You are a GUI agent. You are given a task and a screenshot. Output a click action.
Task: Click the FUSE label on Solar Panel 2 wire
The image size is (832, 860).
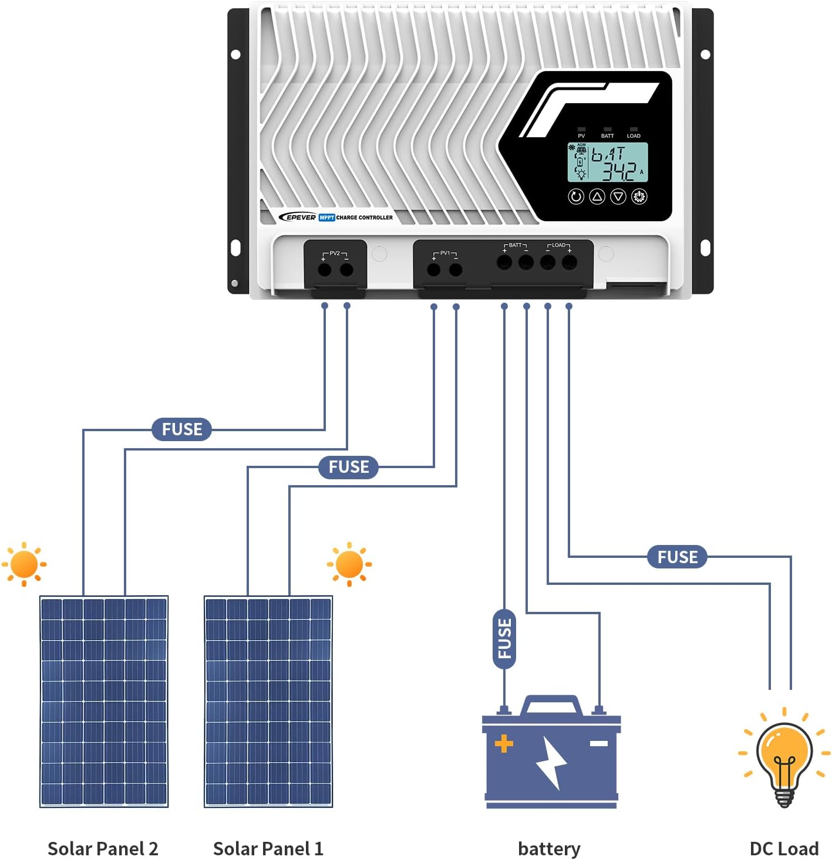(x=181, y=429)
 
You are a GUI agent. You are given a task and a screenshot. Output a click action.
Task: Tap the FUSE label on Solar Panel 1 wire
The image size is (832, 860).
(x=348, y=467)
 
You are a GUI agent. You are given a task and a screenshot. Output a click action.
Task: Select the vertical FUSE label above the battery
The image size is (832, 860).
(x=504, y=639)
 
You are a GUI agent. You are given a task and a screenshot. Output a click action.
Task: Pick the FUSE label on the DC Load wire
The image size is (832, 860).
(x=677, y=557)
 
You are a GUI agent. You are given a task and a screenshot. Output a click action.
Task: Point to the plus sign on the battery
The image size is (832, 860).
(x=504, y=744)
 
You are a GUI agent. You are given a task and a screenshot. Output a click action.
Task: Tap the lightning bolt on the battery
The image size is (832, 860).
(x=551, y=763)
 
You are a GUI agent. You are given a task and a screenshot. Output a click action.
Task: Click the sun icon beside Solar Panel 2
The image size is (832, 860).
(x=24, y=564)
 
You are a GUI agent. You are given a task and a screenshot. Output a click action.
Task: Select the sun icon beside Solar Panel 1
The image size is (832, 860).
(x=349, y=564)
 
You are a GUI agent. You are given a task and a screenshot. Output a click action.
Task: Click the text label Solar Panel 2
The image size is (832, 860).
(x=103, y=848)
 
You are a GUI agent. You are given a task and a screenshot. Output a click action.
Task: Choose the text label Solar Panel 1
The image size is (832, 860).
(x=268, y=848)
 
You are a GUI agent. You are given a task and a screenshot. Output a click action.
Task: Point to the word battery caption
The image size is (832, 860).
(x=549, y=848)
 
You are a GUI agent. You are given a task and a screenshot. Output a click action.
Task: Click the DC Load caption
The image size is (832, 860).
(x=784, y=848)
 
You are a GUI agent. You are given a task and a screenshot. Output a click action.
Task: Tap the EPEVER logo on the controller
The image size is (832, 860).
(x=298, y=217)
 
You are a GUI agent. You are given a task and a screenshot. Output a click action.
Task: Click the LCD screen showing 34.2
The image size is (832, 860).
(x=608, y=162)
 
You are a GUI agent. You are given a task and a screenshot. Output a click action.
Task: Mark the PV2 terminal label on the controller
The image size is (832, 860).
(x=335, y=253)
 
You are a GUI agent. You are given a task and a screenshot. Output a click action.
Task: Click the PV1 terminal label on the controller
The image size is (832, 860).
(x=444, y=253)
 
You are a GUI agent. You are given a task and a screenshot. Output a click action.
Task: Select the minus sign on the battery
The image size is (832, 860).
(x=598, y=744)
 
